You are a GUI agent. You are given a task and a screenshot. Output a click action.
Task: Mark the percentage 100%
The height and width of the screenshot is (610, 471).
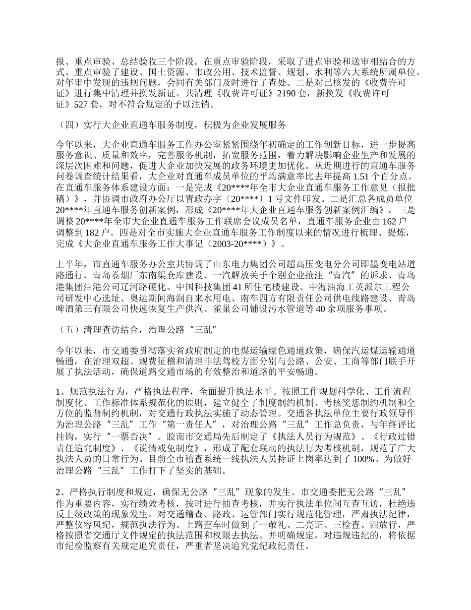(354, 460)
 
